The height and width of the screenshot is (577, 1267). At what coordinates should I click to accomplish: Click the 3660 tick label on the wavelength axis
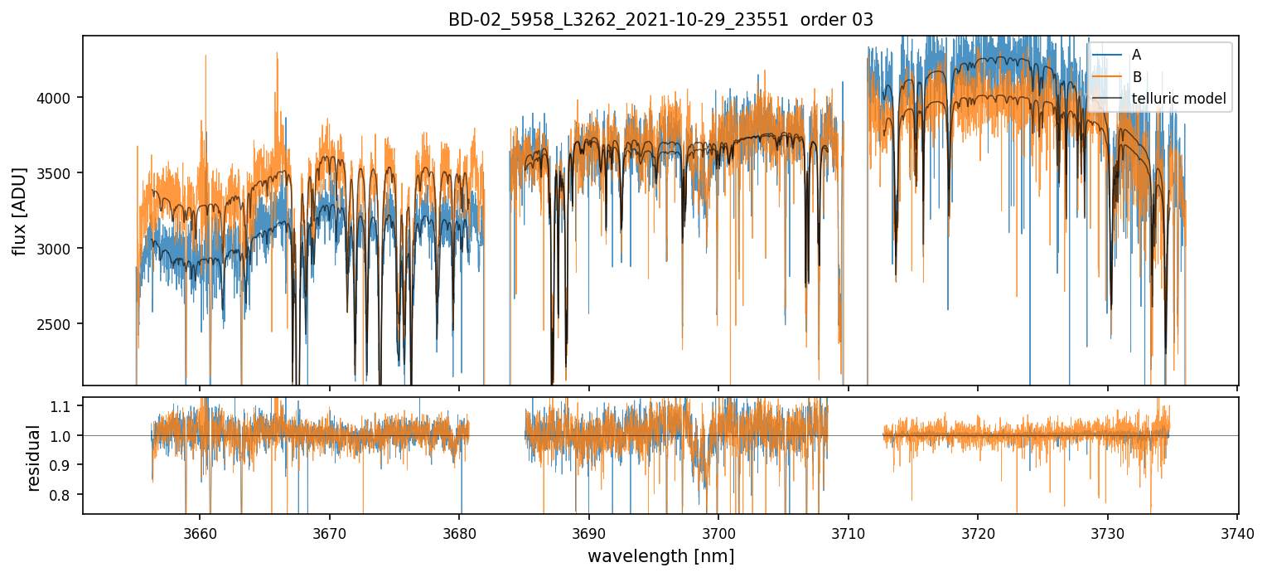tap(200, 532)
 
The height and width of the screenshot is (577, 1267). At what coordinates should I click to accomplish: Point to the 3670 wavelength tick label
tap(329, 532)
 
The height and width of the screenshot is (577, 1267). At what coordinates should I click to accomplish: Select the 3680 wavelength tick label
tap(459, 532)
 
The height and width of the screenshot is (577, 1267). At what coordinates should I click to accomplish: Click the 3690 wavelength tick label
tap(588, 532)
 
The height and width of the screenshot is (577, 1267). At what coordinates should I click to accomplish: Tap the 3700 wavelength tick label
tap(718, 532)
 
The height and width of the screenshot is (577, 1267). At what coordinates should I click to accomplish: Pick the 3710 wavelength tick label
tap(848, 532)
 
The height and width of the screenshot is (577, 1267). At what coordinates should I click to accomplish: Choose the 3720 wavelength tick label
tap(978, 532)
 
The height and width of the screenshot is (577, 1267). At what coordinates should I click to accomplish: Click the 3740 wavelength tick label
tap(1237, 532)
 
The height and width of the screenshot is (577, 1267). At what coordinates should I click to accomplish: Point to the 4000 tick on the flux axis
tap(60, 98)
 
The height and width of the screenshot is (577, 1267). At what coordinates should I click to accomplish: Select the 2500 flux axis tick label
tap(60, 324)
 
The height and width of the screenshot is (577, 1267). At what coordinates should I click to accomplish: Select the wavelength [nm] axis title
tap(660, 556)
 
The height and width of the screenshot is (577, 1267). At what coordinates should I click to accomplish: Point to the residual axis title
tap(33, 458)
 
